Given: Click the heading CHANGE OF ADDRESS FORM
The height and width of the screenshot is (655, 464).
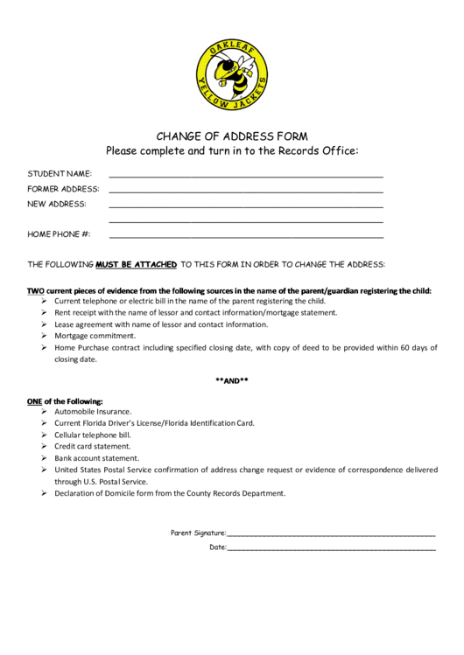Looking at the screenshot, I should tap(232, 136).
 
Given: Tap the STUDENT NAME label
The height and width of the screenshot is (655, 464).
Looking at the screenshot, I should tap(60, 173).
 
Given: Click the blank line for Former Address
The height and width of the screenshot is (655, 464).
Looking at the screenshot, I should tap(245, 191).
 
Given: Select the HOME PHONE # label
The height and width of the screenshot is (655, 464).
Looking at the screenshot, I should tap(60, 234).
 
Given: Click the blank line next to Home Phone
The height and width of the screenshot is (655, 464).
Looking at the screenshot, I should tap(245, 236).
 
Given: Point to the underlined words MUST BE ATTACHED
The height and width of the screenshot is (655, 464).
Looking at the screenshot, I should tap(137, 263).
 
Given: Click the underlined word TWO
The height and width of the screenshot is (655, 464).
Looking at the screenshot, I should tap(35, 290).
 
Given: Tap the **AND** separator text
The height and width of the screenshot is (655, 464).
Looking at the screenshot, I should tap(232, 380).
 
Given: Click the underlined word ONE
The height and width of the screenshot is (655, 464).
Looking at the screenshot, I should tap(35, 401).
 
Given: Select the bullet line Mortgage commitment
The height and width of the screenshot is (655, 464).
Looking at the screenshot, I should tap(95, 336).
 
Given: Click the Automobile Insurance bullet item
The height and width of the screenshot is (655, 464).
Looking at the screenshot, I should tap(93, 411).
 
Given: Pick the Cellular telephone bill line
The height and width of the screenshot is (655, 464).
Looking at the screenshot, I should tap(92, 435).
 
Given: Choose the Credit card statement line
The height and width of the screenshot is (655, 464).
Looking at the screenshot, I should tap(92, 446).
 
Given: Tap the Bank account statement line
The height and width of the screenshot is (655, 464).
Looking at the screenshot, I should tap(96, 457).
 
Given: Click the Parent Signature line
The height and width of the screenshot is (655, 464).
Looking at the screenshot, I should tap(331, 533).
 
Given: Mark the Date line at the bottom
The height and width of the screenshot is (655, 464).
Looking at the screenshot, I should tap(331, 548).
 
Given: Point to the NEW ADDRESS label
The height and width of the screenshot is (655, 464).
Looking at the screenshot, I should tap(57, 204).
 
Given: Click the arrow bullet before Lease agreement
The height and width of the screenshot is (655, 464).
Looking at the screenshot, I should tap(45, 324).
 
